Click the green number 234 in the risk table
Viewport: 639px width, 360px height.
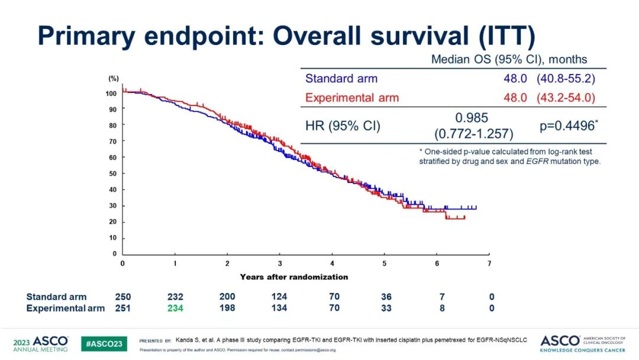[175, 308]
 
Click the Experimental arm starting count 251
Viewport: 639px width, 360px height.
[123, 308]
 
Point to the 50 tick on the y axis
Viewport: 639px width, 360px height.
[112, 173]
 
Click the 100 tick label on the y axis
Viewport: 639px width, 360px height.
[111, 94]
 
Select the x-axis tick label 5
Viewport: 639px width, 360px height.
[385, 263]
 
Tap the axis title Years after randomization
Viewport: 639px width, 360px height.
[294, 277]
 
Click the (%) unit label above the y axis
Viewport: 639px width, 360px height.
[114, 78]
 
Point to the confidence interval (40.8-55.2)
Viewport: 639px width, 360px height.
[566, 78]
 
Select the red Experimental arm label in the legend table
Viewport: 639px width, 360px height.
[352, 98]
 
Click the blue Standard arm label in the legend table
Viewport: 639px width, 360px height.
[341, 78]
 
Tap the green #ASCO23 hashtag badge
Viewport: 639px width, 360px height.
[104, 343]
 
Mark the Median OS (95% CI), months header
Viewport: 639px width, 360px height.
[509, 59]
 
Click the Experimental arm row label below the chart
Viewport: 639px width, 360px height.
[66, 308]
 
